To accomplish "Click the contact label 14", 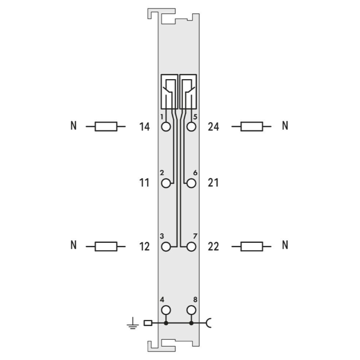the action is [144, 127].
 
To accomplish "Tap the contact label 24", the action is [213, 127].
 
